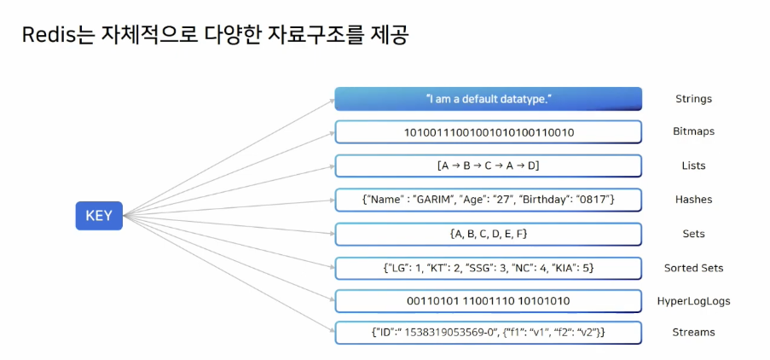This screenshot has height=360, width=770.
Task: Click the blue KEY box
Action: tap(99, 216)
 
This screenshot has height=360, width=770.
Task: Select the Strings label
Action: tap(692, 99)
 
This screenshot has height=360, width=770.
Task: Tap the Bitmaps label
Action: tap(692, 132)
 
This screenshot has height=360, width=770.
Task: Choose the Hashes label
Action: tap(692, 200)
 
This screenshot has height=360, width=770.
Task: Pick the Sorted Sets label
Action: tap(693, 268)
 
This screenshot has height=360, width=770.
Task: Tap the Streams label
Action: tap(692, 332)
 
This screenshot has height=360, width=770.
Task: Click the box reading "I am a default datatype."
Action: tap(488, 99)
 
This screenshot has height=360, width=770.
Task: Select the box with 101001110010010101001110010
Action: tap(488, 132)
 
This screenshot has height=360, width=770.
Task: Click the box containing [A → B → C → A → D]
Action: tap(488, 165)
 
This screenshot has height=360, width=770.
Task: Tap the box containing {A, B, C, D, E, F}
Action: tap(488, 234)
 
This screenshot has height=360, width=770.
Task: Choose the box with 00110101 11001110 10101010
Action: tap(488, 301)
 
